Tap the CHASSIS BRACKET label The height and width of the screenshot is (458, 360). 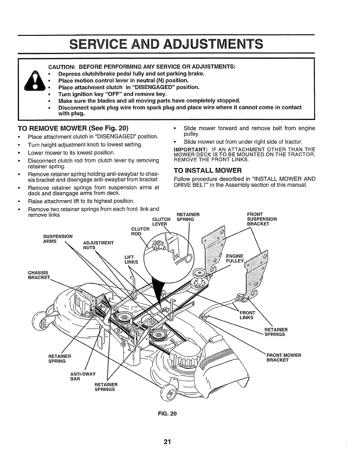(39, 275)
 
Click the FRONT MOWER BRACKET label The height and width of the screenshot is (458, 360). (284, 357)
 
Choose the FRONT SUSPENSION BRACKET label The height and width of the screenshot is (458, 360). (262, 219)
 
